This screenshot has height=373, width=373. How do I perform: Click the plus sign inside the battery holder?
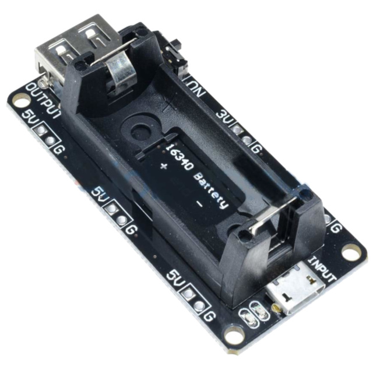click(x=163, y=168)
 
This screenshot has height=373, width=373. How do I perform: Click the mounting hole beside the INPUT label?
click(x=350, y=252)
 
